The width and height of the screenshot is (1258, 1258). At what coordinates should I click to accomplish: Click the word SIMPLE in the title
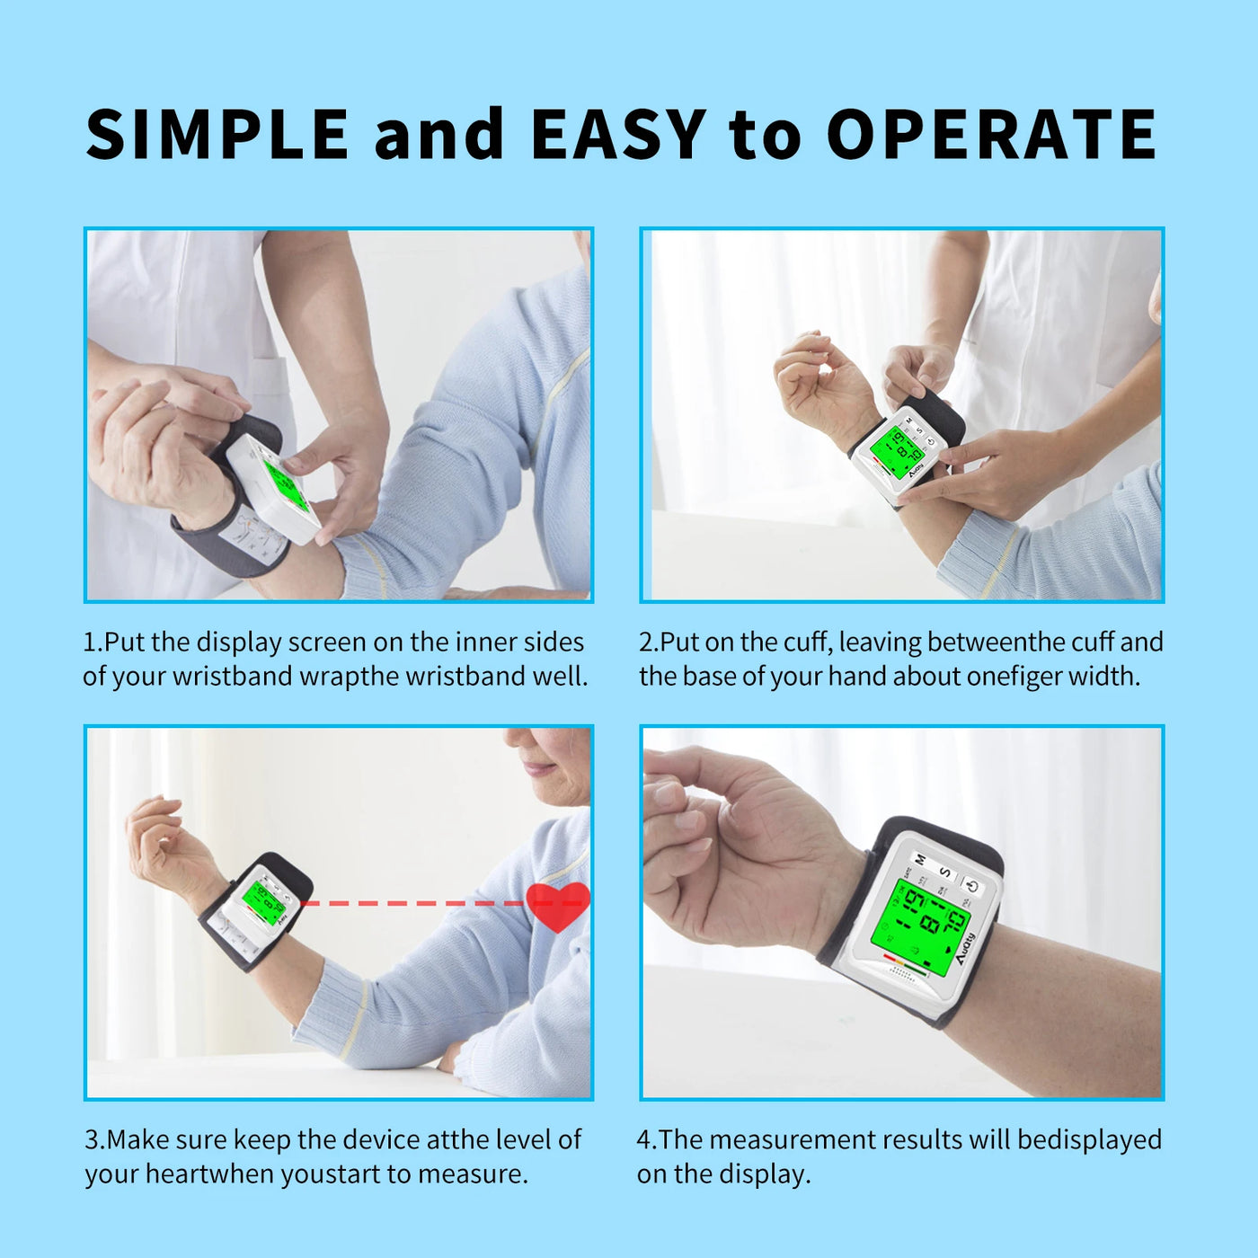pos(217,135)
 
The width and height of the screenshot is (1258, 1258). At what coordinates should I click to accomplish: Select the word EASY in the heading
pos(617,135)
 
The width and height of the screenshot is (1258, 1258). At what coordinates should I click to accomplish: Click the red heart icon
pos(558,905)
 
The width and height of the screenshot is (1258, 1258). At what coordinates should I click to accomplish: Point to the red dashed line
pos(413,902)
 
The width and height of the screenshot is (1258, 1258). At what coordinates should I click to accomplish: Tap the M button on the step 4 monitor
pos(920,860)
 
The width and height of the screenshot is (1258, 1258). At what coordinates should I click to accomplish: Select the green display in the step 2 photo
pos(897,451)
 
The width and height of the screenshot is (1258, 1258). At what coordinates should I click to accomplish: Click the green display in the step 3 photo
pos(262,900)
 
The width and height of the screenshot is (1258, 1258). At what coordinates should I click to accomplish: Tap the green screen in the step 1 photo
pos(287,486)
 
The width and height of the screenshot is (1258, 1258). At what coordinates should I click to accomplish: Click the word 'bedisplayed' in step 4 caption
pos(1089,1140)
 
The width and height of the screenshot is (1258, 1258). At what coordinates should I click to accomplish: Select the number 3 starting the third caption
pos(92,1140)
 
